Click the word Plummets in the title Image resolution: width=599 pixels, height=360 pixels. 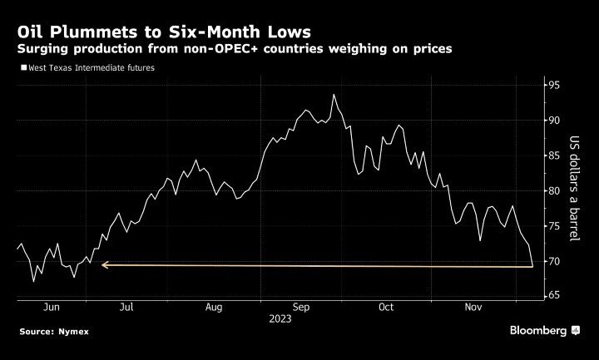point(87,32)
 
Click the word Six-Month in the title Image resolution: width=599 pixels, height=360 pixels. point(205,32)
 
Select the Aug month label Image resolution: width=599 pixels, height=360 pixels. point(214,307)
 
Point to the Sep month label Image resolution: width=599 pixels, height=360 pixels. point(302,307)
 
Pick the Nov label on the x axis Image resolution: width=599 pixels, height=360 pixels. point(472,307)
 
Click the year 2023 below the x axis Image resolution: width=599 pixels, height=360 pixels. point(280,318)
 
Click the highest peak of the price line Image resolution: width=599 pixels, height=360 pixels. point(334,95)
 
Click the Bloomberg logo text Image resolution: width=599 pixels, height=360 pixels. point(537,331)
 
